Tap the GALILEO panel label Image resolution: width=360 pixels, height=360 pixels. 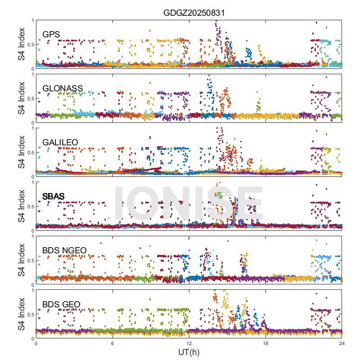(60, 142)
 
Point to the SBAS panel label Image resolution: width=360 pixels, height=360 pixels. (53, 196)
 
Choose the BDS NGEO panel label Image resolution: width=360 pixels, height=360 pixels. (64, 251)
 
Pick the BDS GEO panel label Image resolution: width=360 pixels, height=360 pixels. (61, 305)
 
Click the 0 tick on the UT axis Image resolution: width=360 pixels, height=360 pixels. (36, 343)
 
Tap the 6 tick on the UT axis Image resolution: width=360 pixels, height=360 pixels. (112, 343)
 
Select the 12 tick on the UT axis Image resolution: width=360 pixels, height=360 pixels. (189, 343)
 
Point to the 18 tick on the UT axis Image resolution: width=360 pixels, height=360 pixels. (265, 343)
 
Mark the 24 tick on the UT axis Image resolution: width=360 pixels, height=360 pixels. (342, 343)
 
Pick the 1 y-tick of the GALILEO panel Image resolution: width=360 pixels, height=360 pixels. (32, 128)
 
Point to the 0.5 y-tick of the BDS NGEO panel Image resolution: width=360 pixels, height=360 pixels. (30, 261)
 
